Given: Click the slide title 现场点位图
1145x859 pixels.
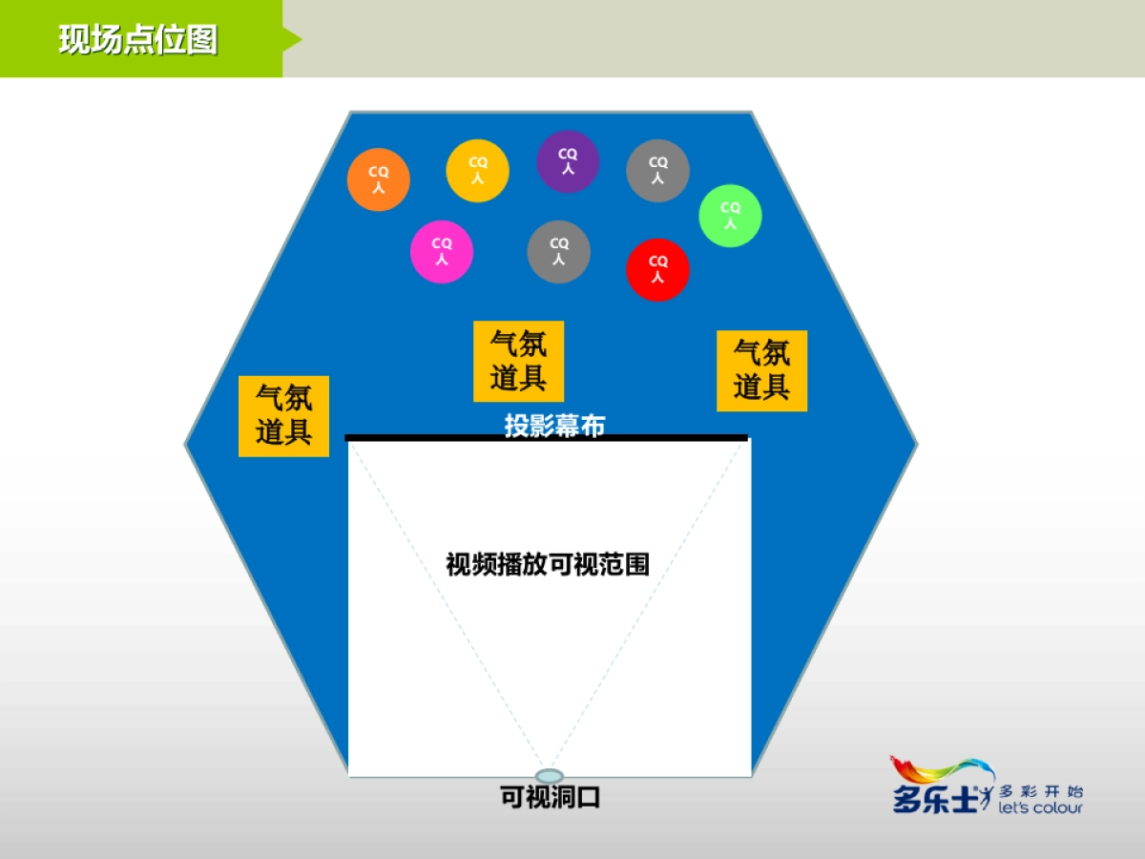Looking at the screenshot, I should (138, 40).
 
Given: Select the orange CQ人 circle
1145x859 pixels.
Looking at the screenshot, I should (379, 179).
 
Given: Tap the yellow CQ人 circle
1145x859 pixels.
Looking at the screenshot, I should (477, 171).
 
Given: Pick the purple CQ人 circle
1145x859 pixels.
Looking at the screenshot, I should (568, 161).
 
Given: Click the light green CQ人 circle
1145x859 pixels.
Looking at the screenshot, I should (730, 216).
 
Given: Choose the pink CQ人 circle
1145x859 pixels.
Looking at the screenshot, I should (442, 252).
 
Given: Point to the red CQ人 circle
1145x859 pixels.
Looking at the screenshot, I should (657, 269).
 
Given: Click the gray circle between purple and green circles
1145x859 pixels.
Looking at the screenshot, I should (657, 170).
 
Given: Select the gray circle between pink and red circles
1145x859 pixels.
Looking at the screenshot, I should (558, 252).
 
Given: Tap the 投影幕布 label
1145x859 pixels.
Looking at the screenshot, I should (554, 426).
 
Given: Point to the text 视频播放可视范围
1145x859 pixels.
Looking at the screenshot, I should (548, 564).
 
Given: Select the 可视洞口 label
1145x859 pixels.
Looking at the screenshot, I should (551, 796).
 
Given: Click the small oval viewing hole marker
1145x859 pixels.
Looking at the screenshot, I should (550, 776).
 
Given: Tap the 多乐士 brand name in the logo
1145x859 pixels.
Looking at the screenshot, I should (935, 797).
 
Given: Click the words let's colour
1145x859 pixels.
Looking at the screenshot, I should (1040, 808).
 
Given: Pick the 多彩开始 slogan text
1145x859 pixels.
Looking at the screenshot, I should (1041, 791).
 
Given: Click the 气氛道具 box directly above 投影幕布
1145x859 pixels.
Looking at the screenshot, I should (518, 361).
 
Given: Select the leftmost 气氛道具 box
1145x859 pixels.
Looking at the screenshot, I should (283, 415).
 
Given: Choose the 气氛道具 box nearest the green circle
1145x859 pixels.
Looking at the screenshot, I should (761, 370).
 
